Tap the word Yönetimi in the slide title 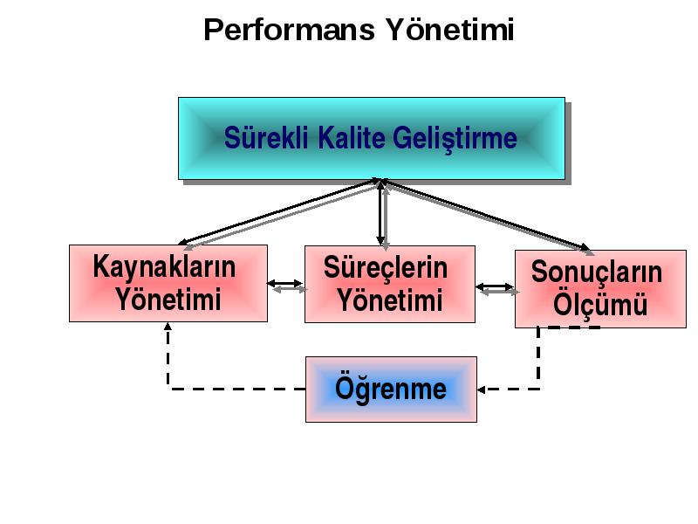click(449, 30)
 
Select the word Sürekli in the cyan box click(266, 138)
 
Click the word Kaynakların click(164, 267)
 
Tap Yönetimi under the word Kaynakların click(168, 299)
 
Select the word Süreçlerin click(386, 268)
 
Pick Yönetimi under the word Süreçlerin click(390, 300)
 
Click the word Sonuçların click(597, 272)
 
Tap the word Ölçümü click(600, 304)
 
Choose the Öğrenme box click(391, 390)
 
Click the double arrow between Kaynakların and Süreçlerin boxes click(286, 286)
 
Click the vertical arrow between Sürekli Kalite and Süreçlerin click(382, 214)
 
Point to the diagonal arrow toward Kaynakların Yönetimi click(280, 213)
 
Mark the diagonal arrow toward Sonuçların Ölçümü click(488, 216)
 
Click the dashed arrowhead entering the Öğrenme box click(481, 390)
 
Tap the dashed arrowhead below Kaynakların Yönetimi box click(168, 326)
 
